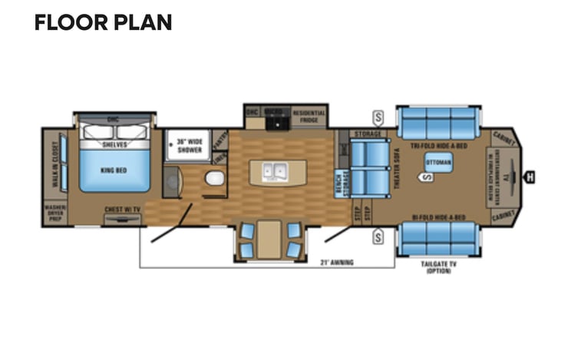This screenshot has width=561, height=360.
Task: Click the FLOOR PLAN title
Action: (102, 22)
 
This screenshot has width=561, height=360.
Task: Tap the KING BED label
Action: (114, 170)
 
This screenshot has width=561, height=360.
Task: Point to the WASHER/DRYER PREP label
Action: (55, 213)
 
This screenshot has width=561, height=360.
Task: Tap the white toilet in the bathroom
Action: (215, 178)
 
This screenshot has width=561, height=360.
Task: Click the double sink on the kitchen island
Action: (272, 171)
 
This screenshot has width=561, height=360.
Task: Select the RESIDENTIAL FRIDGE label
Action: (309, 115)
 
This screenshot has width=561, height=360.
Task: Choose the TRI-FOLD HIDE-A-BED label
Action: (437, 145)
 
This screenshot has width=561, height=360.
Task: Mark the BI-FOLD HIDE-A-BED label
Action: (438, 217)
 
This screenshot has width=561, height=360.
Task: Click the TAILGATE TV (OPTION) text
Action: (438, 267)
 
